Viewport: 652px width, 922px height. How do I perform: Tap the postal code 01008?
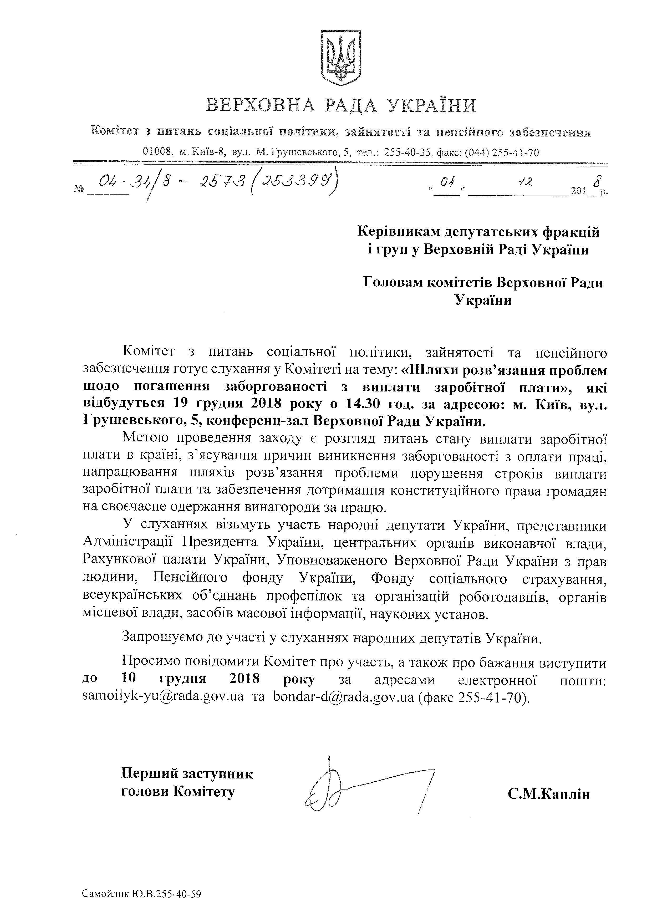coord(158,152)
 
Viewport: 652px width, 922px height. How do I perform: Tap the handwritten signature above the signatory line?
coord(361,787)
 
